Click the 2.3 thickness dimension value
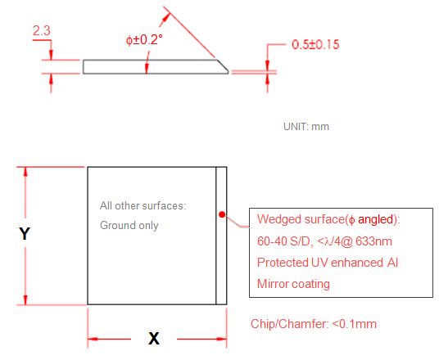pyautogui.click(x=42, y=30)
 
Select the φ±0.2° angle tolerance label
pyautogui.click(x=144, y=40)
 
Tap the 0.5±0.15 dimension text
pyautogui.click(x=315, y=45)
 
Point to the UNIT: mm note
pyautogui.click(x=306, y=127)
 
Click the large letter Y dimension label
pyautogui.click(x=25, y=233)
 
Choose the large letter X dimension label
pyautogui.click(x=154, y=339)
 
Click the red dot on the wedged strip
pyautogui.click(x=222, y=214)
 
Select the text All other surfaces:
pyautogui.click(x=143, y=206)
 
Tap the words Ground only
pyautogui.click(x=129, y=226)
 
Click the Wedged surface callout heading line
pyautogui.click(x=328, y=219)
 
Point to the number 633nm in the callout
pyautogui.click(x=373, y=241)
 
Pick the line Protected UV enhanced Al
pyautogui.click(x=328, y=263)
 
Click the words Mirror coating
pyautogui.click(x=293, y=284)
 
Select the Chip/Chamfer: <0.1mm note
pyautogui.click(x=314, y=324)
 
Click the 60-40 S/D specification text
pyautogui.click(x=283, y=241)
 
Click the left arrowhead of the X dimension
pyautogui.click(x=93, y=339)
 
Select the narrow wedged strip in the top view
pyautogui.click(x=221, y=236)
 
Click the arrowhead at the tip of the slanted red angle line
pyautogui.click(x=166, y=17)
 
